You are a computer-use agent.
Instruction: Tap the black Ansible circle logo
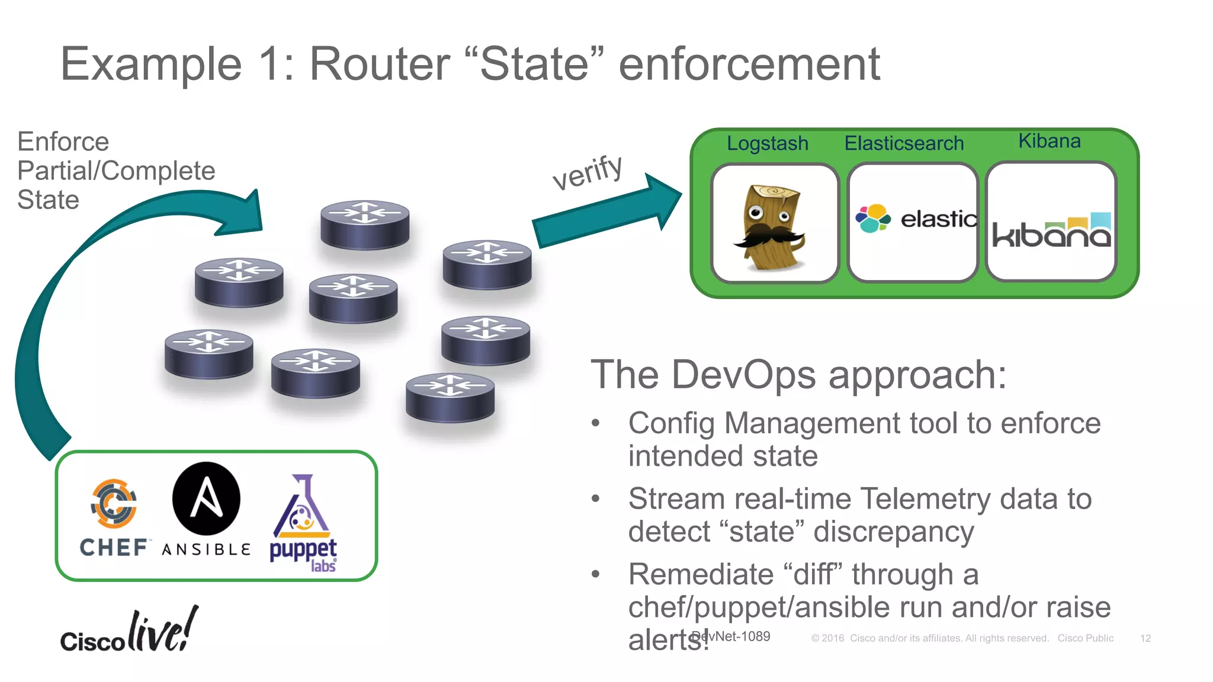pos(206,498)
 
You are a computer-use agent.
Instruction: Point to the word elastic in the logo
pos(938,220)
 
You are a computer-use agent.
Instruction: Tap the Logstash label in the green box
pos(767,143)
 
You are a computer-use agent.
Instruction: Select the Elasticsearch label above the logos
pos(904,143)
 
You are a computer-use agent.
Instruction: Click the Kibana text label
pos(1049,141)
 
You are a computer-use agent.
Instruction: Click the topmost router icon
pos(365,225)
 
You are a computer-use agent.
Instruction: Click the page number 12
pos(1145,638)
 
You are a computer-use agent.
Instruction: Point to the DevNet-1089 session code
pos(732,636)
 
